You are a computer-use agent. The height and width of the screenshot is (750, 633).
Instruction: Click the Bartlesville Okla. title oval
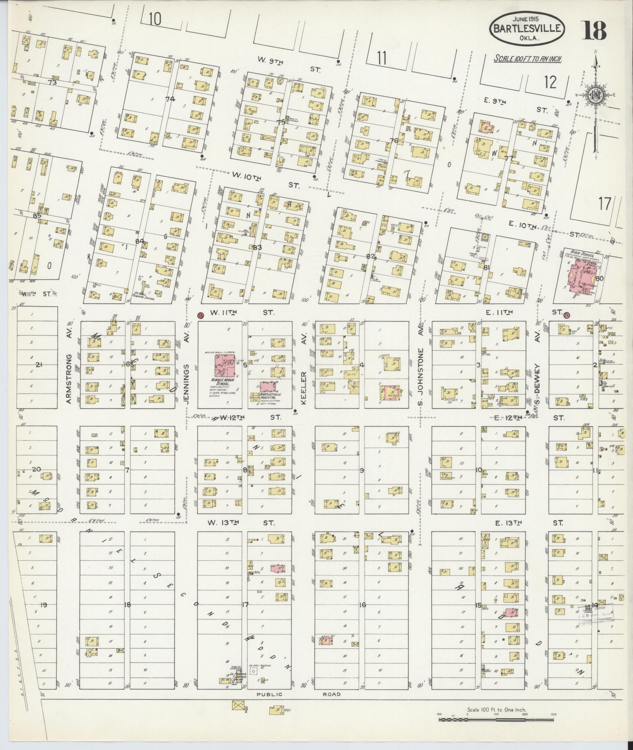(x=527, y=28)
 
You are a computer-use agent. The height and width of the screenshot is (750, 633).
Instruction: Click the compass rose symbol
(x=595, y=96)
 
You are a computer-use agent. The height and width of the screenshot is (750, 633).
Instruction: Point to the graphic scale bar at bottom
(x=496, y=719)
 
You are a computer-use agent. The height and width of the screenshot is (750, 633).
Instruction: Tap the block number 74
(x=170, y=99)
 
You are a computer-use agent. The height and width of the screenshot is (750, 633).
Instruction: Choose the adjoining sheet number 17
(x=605, y=204)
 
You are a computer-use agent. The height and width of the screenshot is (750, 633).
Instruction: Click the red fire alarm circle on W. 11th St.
(x=200, y=315)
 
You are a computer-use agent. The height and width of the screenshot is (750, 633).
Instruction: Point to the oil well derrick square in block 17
(x=254, y=671)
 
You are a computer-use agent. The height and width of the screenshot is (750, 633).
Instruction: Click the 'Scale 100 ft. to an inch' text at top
(x=528, y=59)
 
